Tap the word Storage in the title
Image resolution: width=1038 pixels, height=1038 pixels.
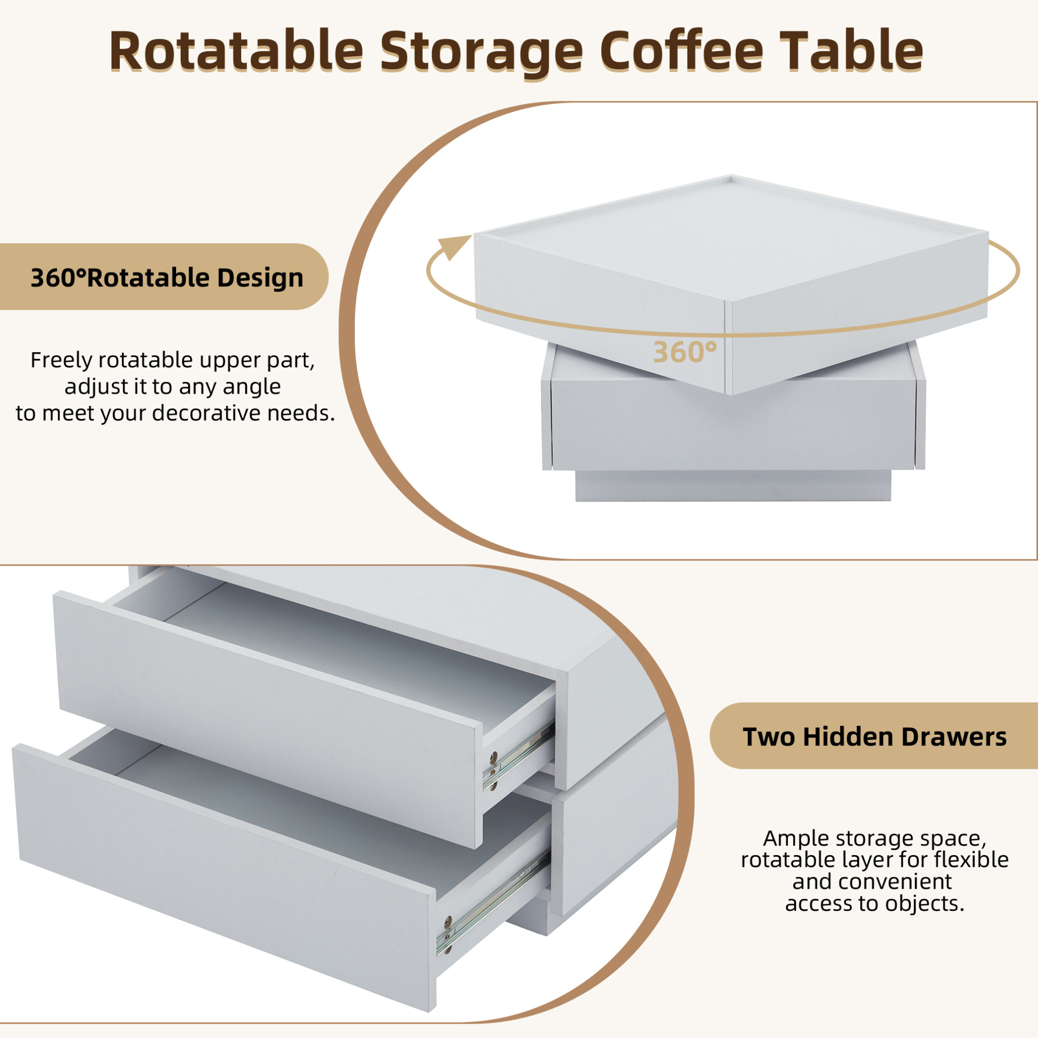point(481,54)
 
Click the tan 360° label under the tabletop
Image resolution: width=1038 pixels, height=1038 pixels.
point(685,353)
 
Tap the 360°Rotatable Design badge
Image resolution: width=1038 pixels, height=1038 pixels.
point(164,276)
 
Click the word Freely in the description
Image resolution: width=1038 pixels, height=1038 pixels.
point(61,361)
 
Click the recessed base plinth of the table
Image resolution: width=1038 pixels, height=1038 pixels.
point(733,486)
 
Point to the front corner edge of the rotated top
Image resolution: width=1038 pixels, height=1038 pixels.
point(728,347)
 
